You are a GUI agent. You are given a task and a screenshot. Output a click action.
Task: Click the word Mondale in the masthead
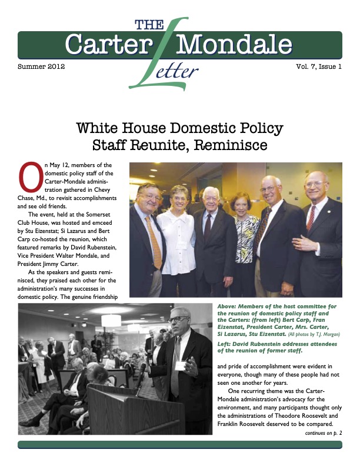click(234, 45)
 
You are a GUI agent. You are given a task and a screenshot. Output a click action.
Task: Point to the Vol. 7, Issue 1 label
click(318, 66)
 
